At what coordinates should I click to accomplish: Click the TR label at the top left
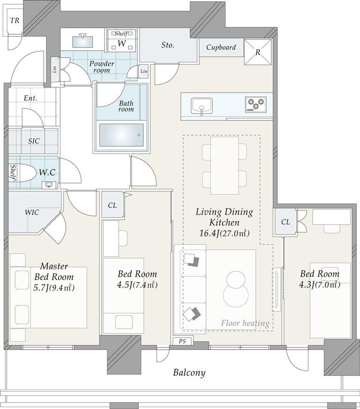(x=15, y=20)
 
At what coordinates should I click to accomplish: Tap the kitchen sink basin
(x=202, y=106)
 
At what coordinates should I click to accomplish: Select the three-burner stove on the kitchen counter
(x=256, y=104)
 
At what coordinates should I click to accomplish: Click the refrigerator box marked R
(x=258, y=52)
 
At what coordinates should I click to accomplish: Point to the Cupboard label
(x=221, y=47)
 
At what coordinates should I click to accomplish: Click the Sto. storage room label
(x=168, y=45)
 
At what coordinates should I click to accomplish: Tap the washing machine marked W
(x=122, y=40)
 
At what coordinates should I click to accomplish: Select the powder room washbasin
(x=82, y=41)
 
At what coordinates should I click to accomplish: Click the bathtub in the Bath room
(x=121, y=135)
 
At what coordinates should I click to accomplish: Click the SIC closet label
(x=34, y=141)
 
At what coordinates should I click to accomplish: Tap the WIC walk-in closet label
(x=32, y=212)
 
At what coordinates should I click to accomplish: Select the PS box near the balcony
(x=183, y=341)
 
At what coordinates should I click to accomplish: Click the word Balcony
(x=189, y=372)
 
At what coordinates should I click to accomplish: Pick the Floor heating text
(x=245, y=324)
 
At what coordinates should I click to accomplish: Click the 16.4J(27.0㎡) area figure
(x=225, y=233)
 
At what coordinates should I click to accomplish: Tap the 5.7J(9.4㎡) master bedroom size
(x=54, y=288)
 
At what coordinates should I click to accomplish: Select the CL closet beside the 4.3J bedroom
(x=285, y=222)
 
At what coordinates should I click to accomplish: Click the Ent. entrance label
(x=30, y=98)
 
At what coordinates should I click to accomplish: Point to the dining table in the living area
(x=225, y=166)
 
